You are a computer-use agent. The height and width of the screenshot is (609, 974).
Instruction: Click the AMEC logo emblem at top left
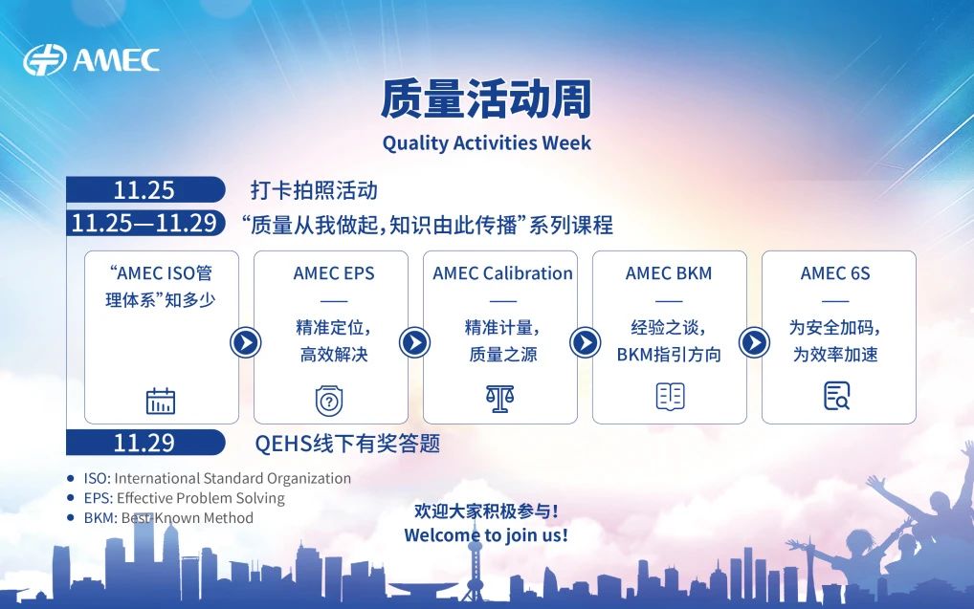45,60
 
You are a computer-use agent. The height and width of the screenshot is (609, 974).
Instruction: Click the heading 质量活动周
486,98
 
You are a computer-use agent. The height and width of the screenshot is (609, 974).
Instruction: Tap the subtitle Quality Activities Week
486,143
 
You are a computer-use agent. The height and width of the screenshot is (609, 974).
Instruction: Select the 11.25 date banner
145,189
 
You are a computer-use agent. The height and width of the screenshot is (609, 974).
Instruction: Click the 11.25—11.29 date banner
145,223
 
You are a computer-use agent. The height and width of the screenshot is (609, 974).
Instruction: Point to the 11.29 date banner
145,443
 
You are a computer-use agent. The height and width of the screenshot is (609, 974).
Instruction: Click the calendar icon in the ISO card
161,401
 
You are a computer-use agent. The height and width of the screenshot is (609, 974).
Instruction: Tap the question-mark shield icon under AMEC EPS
329,401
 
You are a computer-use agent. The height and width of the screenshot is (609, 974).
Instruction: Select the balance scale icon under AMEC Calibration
500,399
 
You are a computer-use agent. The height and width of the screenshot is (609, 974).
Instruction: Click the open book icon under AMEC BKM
671,396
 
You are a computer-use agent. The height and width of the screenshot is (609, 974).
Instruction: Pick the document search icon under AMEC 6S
837,396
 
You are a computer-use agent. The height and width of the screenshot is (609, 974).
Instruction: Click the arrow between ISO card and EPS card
246,342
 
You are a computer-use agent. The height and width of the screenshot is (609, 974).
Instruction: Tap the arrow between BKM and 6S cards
755,342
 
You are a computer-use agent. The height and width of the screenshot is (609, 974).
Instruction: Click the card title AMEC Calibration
502,273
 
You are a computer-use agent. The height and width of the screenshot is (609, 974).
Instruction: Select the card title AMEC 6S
835,273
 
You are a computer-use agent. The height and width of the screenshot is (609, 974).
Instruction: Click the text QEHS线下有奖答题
347,444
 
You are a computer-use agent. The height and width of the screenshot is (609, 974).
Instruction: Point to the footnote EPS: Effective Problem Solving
185,498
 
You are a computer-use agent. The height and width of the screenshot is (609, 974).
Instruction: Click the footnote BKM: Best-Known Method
169,518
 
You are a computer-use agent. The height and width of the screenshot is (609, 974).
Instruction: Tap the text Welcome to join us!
486,535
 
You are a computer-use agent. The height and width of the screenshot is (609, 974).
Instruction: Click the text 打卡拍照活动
315,190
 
